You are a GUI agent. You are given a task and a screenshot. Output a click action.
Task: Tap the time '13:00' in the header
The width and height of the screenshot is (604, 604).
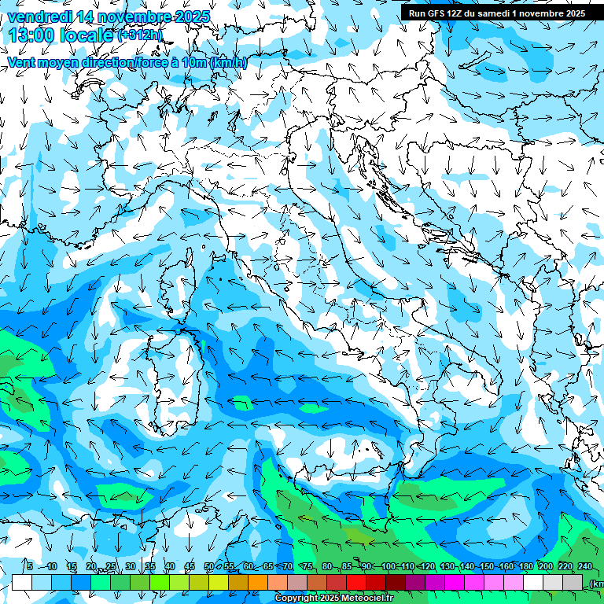tap(33, 35)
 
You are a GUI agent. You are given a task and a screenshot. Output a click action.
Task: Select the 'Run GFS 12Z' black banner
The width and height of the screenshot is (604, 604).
tap(502, 13)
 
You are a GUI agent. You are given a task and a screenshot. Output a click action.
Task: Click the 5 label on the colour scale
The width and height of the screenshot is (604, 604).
tap(30, 566)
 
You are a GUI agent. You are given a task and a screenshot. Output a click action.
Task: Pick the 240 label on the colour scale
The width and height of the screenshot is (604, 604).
tap(585, 566)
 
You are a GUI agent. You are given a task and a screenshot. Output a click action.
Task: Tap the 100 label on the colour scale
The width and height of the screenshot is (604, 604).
tap(389, 566)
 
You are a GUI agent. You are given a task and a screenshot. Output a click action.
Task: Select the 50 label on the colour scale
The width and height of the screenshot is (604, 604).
tap(209, 566)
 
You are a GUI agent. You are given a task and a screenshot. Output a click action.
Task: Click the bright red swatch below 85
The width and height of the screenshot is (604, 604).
tap(356, 583)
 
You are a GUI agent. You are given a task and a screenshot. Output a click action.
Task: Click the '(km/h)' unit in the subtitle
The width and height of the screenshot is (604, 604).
tap(229, 63)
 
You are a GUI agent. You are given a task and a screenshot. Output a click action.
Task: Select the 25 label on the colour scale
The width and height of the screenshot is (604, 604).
tap(111, 566)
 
